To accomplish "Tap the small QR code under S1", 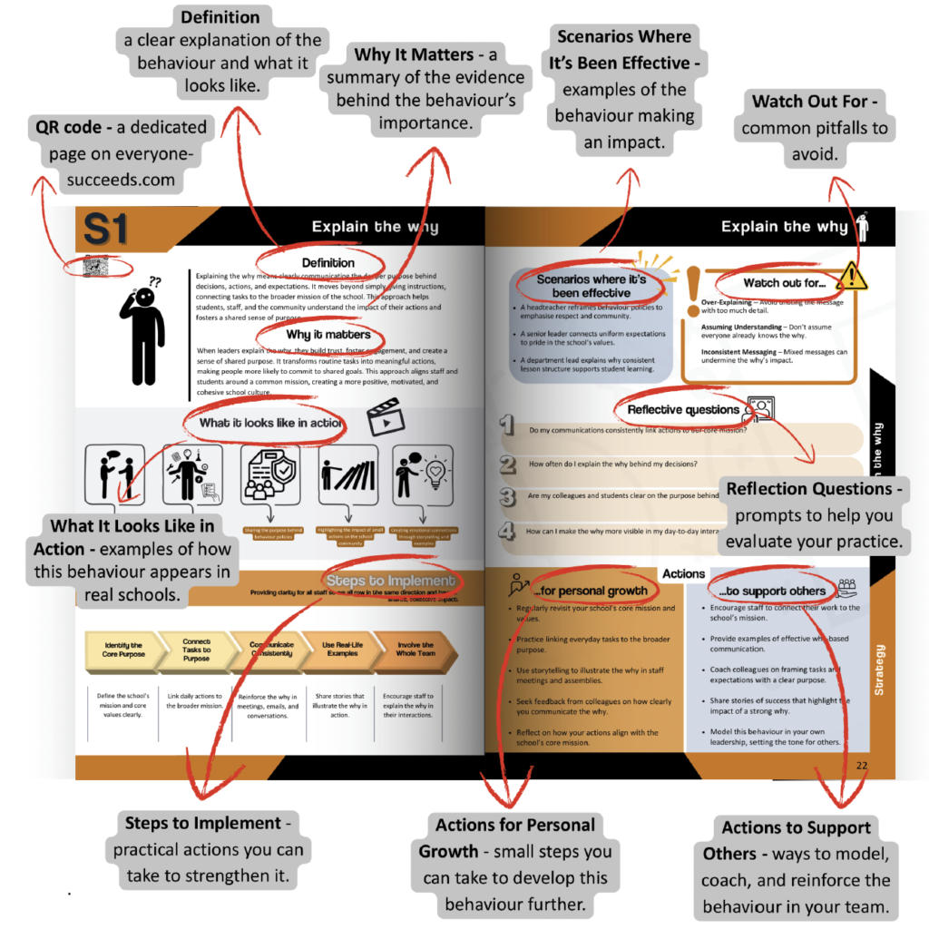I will [x=95, y=267].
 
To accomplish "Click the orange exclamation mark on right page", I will [x=692, y=293].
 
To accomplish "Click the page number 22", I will [x=862, y=765].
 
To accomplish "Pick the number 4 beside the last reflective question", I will [x=508, y=532].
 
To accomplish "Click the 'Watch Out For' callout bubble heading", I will [x=815, y=101].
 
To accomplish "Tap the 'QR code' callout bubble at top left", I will [x=121, y=152].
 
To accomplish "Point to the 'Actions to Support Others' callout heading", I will [x=796, y=841].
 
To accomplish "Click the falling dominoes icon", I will [x=348, y=474].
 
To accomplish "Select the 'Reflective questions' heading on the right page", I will [x=682, y=410].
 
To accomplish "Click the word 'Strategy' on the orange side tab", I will [x=879, y=670].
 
